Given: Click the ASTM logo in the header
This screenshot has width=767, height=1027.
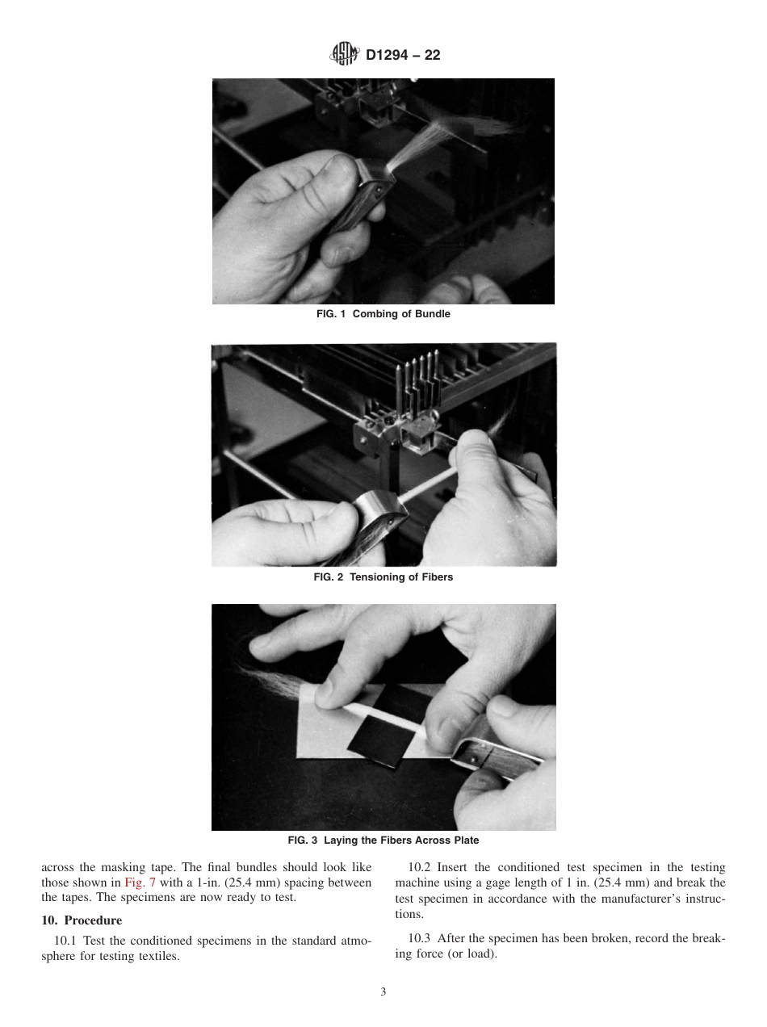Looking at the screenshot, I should (344, 55).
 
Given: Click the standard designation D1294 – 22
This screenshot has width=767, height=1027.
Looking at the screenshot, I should (403, 56).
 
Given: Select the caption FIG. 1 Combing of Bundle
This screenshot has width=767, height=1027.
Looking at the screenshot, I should (383, 314).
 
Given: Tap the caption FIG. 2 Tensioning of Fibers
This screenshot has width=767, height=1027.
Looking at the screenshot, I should (383, 577).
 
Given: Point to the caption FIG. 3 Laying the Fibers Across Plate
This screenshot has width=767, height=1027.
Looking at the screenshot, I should (383, 840).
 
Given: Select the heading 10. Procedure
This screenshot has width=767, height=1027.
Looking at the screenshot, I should (82, 920).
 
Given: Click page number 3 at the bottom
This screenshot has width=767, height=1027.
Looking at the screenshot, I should (383, 992).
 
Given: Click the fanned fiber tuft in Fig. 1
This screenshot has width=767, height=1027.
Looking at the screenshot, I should (452, 137).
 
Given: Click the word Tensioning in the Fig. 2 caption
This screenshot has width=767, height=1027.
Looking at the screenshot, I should (376, 577).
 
